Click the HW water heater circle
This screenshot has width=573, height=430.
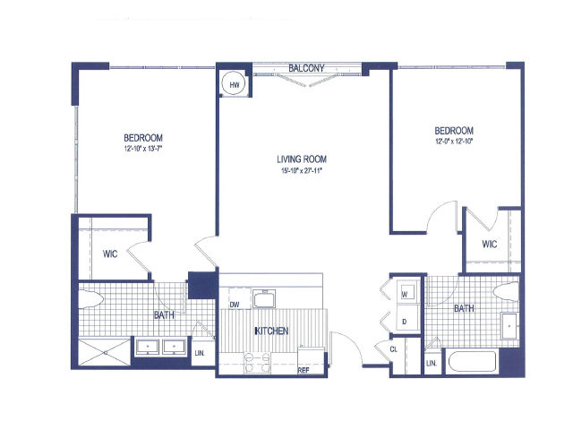[235, 84]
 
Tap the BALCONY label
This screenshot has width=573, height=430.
[306, 68]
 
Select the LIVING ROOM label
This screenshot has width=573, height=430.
[302, 159]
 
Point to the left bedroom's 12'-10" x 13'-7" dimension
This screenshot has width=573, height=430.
[143, 149]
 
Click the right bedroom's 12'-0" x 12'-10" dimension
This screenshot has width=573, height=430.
[454, 142]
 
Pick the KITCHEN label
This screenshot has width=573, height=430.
[271, 331]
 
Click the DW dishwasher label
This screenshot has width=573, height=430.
[235, 305]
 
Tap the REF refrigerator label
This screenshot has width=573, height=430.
[304, 370]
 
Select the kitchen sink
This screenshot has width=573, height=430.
[264, 298]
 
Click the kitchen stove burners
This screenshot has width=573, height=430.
[257, 363]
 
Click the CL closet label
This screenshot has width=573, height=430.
[394, 349]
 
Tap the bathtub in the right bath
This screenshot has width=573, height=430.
[472, 361]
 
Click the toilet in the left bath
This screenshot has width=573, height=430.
[90, 298]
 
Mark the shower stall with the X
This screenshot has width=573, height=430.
[105, 352]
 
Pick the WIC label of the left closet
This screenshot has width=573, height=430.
[110, 254]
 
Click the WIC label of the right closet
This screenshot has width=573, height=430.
[490, 244]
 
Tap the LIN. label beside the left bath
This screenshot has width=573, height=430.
[200, 353]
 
